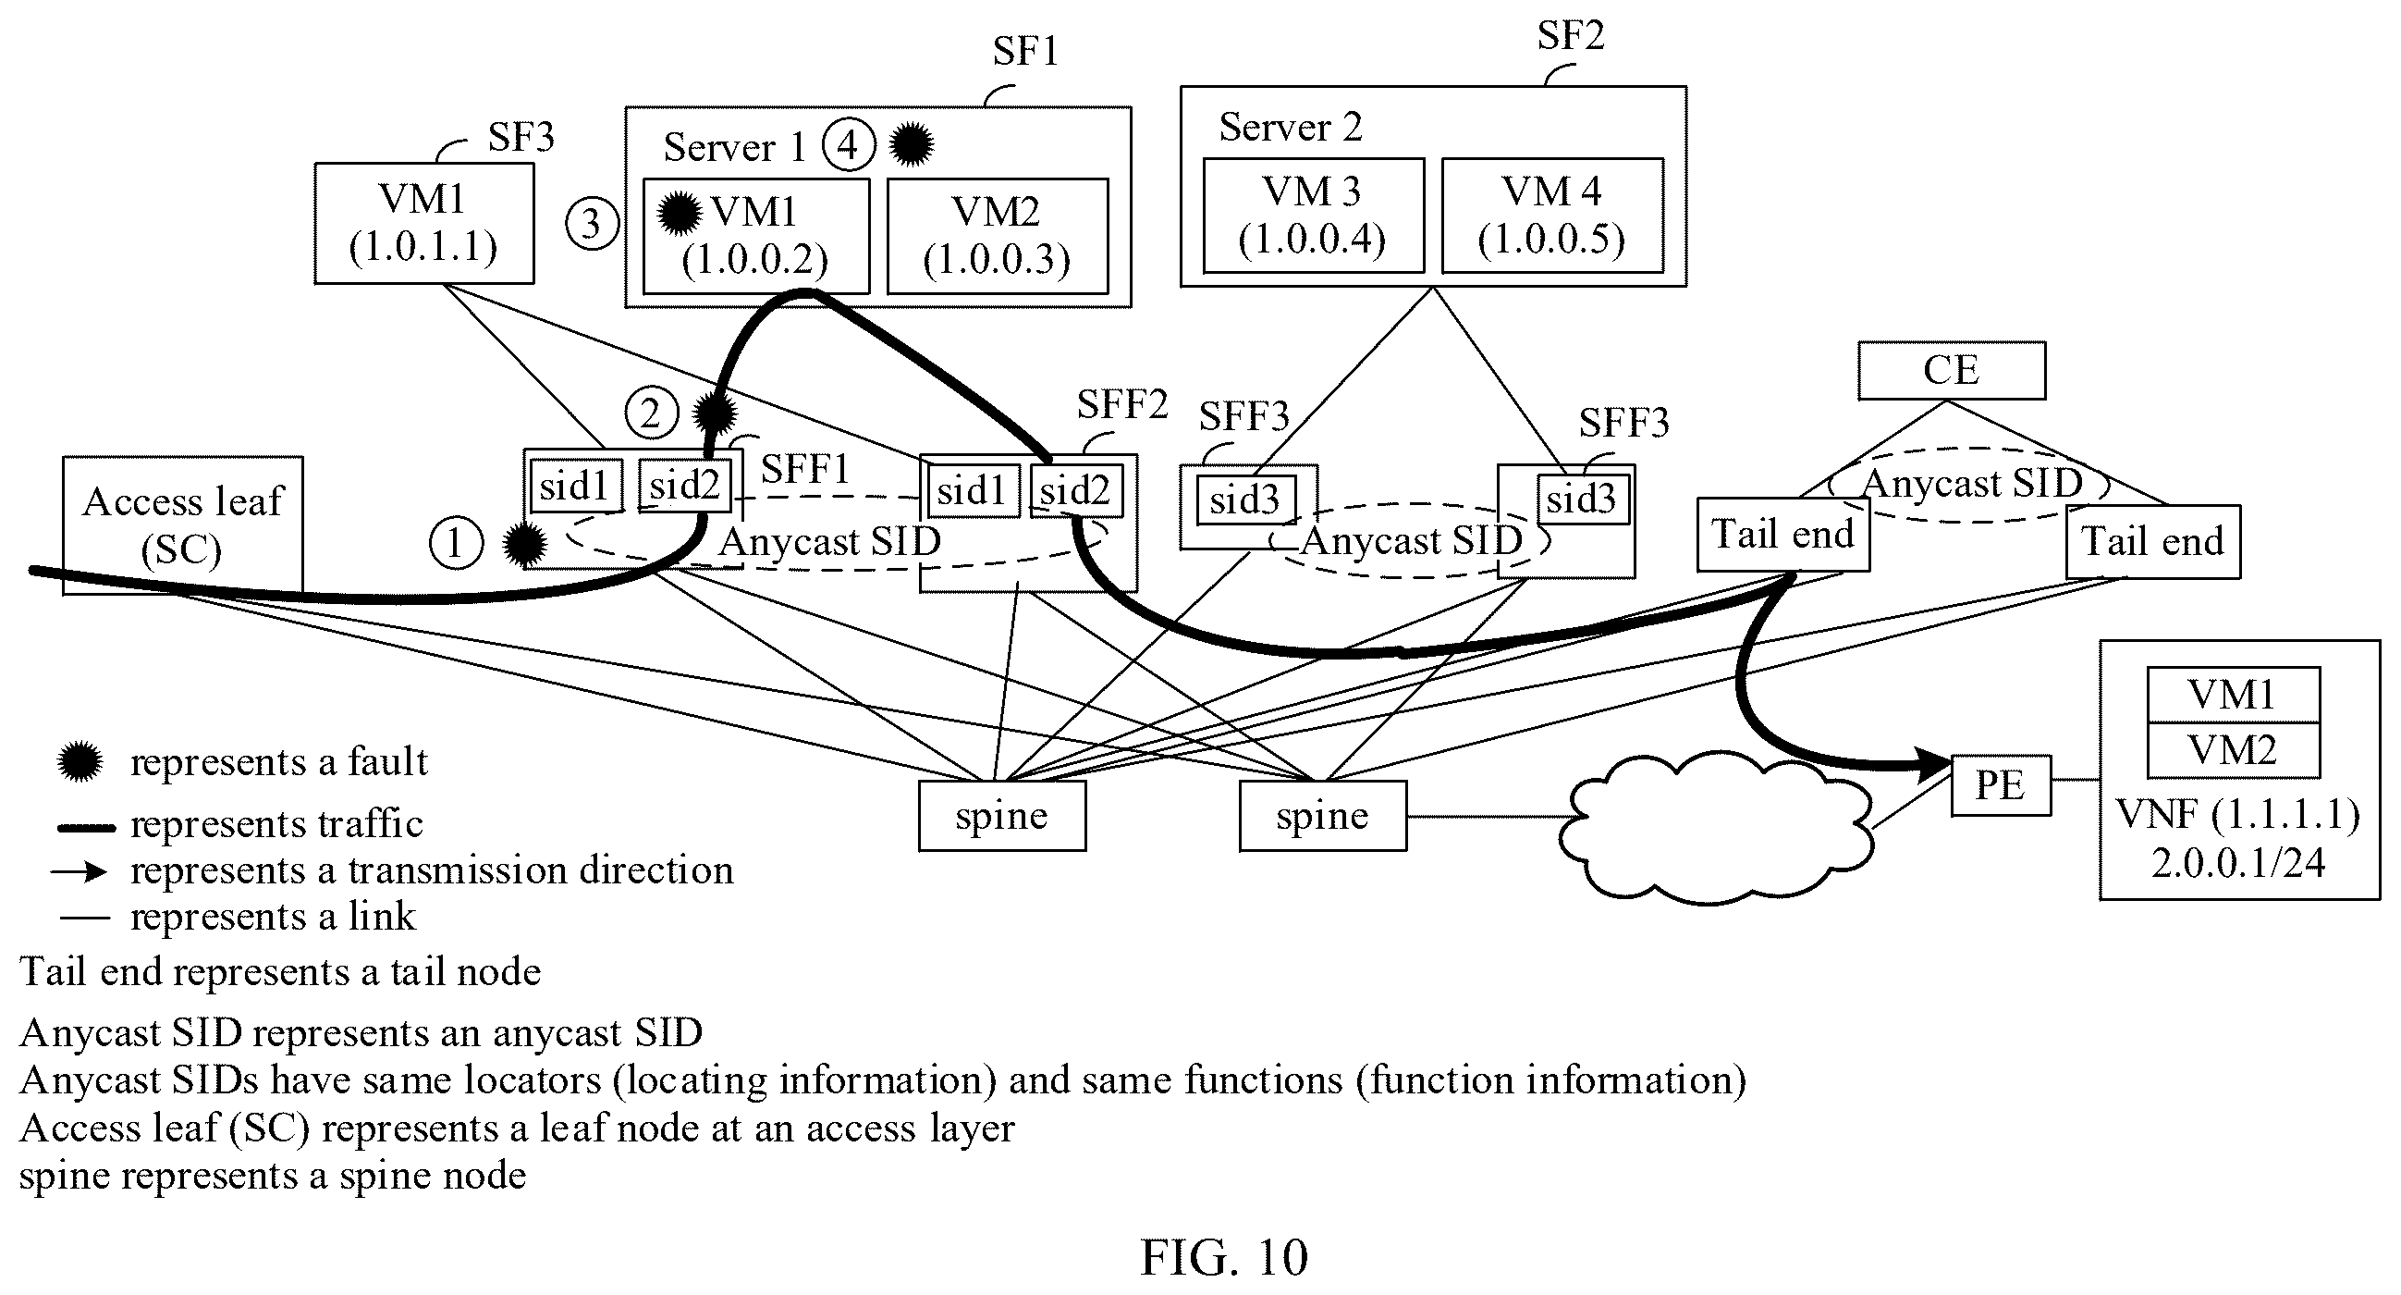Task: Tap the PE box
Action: coord(2002,785)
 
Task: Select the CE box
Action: coord(1952,370)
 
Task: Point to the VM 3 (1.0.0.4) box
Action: coord(1313,216)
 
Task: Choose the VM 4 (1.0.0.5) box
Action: coord(1552,216)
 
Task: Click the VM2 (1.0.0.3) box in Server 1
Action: coord(998,236)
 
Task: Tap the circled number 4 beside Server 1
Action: coord(848,145)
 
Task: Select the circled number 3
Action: coord(592,224)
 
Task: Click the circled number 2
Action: coord(652,413)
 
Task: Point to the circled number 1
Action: coord(456,543)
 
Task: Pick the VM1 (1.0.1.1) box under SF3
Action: coord(424,224)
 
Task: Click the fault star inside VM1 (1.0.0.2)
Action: coord(679,213)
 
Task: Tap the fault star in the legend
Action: coord(80,761)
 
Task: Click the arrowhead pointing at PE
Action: coord(1931,764)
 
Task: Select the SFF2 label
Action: coord(1122,404)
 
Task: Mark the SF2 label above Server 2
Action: coord(1571,35)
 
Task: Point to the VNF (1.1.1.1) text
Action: coord(2238,815)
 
